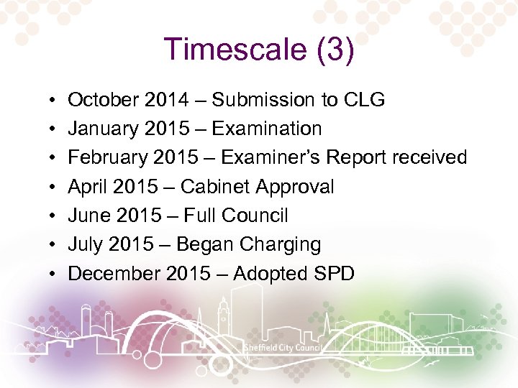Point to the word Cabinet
click(x=211, y=187)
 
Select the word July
click(x=86, y=245)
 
